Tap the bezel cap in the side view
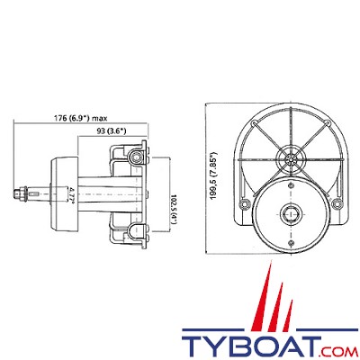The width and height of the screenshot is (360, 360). click(58, 192)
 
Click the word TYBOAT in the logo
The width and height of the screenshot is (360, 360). click(246, 344)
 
